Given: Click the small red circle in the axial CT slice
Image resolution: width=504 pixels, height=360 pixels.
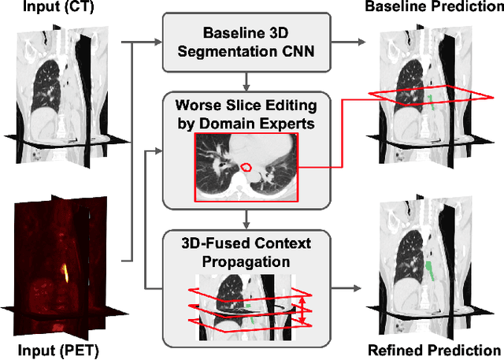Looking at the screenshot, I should (246, 168).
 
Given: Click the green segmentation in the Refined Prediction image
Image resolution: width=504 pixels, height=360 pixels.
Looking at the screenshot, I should (432, 276).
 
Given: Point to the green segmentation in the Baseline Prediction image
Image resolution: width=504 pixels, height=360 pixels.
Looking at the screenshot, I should (432, 101).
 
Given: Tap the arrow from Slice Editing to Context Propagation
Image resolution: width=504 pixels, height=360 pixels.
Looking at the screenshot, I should (247, 216).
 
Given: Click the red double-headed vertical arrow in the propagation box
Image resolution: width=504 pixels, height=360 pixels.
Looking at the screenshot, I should (299, 309).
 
